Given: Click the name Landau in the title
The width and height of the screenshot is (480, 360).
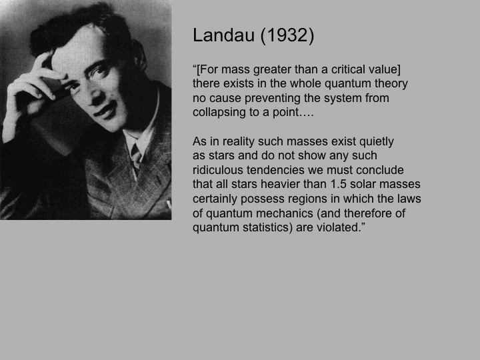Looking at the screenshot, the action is pyautogui.click(x=223, y=35).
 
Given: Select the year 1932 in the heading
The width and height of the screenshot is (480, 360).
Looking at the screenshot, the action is pyautogui.click(x=287, y=35).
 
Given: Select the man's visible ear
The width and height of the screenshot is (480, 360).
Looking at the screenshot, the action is pyautogui.click(x=139, y=55).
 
